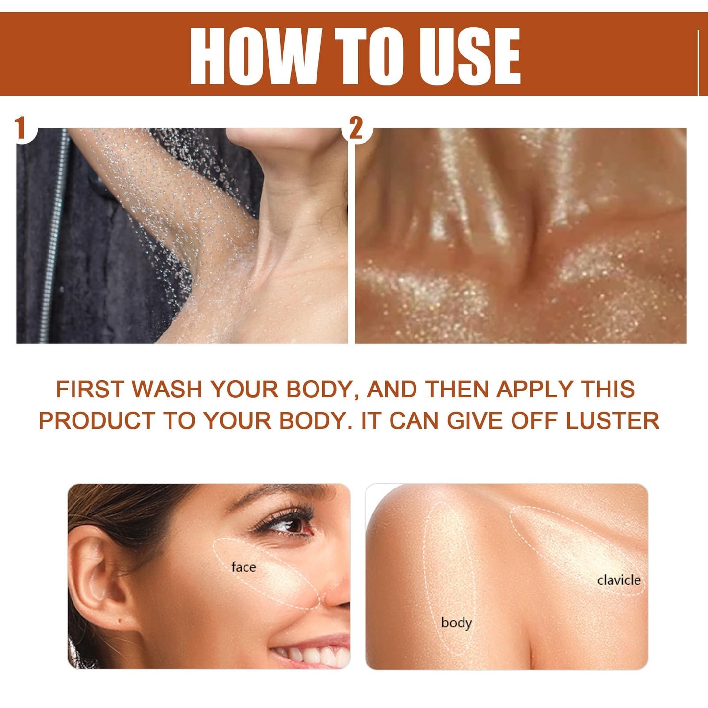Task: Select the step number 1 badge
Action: coord(21,128)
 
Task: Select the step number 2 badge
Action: coord(356,128)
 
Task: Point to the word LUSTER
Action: coord(612,421)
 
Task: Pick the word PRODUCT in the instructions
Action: coord(97,421)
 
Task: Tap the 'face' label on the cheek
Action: coord(244,567)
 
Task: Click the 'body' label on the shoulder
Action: coord(456,623)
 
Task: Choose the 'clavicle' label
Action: coord(619,580)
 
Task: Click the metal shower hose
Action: coord(53,235)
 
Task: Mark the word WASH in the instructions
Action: coord(167,390)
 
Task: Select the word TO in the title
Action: coord(369,56)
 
